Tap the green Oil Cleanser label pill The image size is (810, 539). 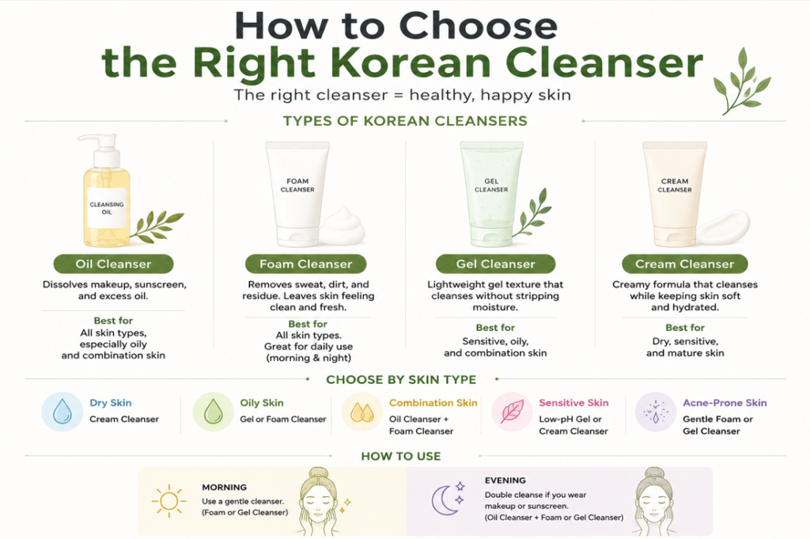point(113,264)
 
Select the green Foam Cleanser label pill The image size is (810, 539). point(306,264)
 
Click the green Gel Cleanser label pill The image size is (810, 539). point(495,264)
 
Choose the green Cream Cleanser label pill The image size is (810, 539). point(684,264)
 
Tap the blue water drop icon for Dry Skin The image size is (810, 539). point(62,412)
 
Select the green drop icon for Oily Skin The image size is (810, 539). point(213,412)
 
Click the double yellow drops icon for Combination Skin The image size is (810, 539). point(361,412)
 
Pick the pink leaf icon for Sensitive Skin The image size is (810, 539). point(512,412)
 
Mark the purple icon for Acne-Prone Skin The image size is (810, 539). point(656,412)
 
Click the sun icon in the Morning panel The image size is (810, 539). point(169,501)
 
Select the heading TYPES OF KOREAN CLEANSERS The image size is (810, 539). point(405,121)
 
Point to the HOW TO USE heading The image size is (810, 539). point(401,457)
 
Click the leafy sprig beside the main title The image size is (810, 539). point(741,82)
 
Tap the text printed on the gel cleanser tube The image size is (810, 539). point(491,185)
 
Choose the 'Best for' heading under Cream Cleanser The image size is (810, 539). point(684,328)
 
